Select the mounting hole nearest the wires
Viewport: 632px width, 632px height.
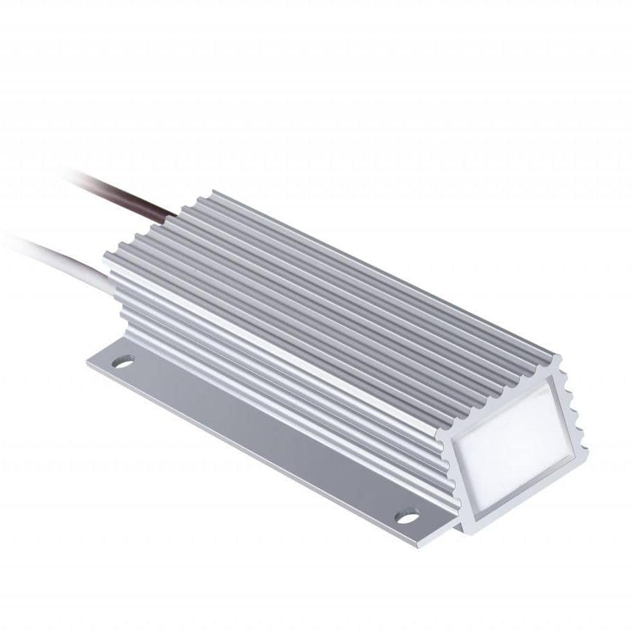click(123, 361)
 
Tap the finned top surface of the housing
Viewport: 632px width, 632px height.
click(332, 291)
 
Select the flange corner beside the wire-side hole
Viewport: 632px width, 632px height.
click(90, 363)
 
